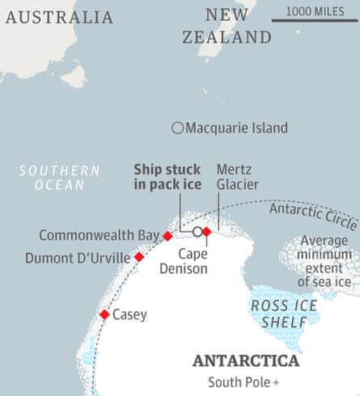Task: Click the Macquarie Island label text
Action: [236, 128]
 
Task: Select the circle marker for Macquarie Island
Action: [177, 128]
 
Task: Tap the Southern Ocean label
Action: [60, 178]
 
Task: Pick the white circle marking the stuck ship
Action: [197, 231]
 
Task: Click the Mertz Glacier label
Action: [237, 178]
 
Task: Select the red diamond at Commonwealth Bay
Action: [167, 236]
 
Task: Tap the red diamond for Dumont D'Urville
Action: [139, 257]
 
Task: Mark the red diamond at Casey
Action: [104, 315]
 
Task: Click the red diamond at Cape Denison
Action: [206, 231]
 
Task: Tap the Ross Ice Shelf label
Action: [277, 314]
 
